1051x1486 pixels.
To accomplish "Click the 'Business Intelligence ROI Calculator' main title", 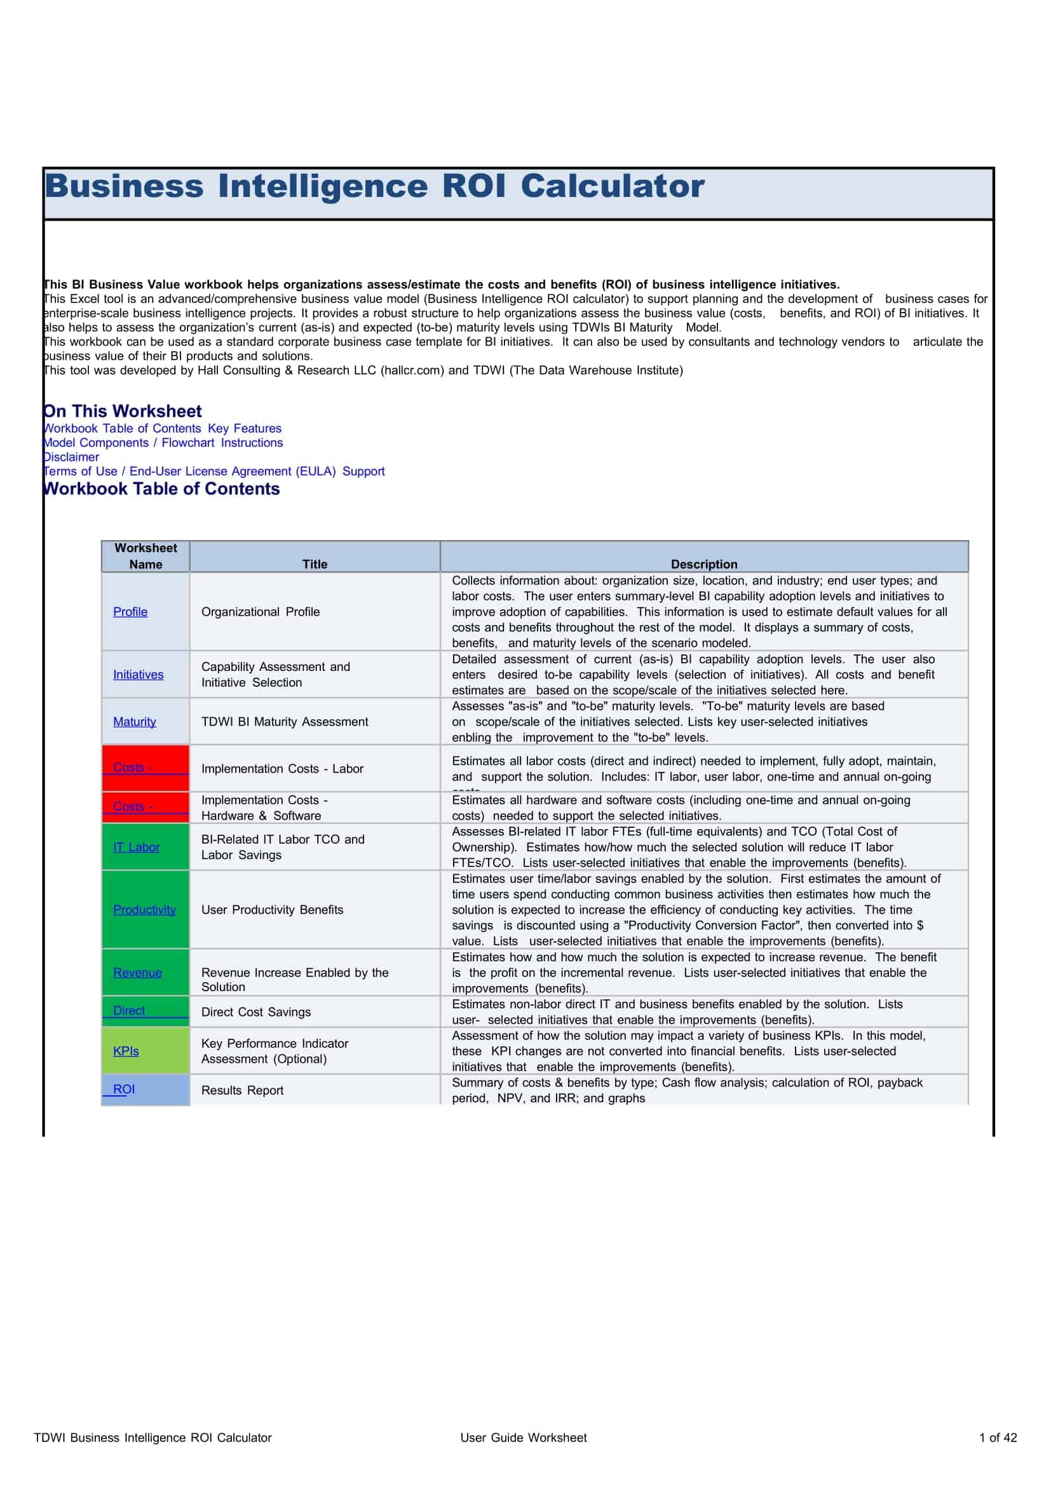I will (374, 186).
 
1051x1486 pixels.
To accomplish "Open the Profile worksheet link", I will (130, 612).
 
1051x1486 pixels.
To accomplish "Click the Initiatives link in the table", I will (138, 675).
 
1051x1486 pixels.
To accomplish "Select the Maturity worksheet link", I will (135, 722).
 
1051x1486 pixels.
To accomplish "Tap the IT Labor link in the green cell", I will (136, 848).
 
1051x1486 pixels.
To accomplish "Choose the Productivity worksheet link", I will (144, 910).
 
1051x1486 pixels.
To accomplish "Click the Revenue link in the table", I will (137, 973).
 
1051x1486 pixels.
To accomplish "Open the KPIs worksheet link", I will (126, 1051).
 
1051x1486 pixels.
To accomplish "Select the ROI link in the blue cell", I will (124, 1090).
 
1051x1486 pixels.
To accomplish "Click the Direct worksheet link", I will (129, 1011).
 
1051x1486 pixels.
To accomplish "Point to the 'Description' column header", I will (703, 564).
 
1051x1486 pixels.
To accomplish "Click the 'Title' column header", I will (315, 564).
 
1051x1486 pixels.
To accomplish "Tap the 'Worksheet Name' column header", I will (146, 556).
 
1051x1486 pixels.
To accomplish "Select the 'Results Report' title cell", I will (242, 1091).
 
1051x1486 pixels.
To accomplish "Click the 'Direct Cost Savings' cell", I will (255, 1012).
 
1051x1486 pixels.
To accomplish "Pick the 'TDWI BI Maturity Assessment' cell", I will (284, 722).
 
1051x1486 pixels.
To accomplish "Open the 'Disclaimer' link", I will (71, 457).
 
